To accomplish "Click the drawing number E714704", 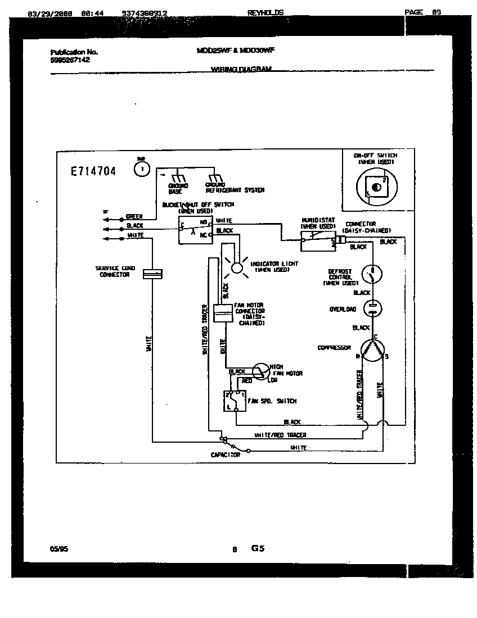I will click(x=93, y=172).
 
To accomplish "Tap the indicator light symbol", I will click(x=237, y=267).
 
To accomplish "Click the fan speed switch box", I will click(x=233, y=401).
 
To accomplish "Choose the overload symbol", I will click(x=372, y=308).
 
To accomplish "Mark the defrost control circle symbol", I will click(x=372, y=274).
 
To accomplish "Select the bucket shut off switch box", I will click(x=194, y=229).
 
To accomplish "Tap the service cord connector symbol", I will click(x=152, y=274).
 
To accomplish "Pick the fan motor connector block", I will click(x=223, y=313).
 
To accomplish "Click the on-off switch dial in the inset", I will click(x=375, y=187).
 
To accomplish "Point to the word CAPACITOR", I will click(x=226, y=455).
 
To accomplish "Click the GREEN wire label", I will click(x=134, y=216).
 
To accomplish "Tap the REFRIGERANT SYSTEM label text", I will click(x=235, y=190).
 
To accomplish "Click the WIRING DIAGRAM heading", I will click(x=241, y=69).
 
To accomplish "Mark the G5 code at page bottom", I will click(x=258, y=548).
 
